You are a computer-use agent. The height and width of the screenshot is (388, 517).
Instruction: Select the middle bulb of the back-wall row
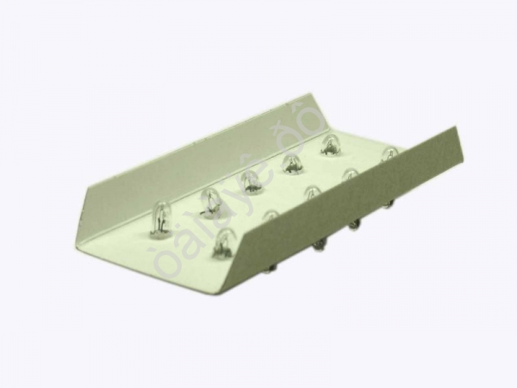(x=251, y=180)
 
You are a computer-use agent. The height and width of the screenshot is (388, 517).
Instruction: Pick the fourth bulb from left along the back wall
(x=291, y=161)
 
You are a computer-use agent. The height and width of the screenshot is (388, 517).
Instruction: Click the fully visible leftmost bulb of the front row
(x=223, y=242)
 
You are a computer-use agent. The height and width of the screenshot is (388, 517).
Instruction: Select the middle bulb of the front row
(x=312, y=192)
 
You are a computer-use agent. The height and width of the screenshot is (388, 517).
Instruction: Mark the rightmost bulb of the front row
(x=389, y=154)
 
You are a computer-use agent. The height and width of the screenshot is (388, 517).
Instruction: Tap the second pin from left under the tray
(x=320, y=246)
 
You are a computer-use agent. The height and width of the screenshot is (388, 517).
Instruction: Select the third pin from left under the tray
(x=354, y=226)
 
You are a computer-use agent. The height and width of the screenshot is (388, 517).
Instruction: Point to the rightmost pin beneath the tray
(x=389, y=204)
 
